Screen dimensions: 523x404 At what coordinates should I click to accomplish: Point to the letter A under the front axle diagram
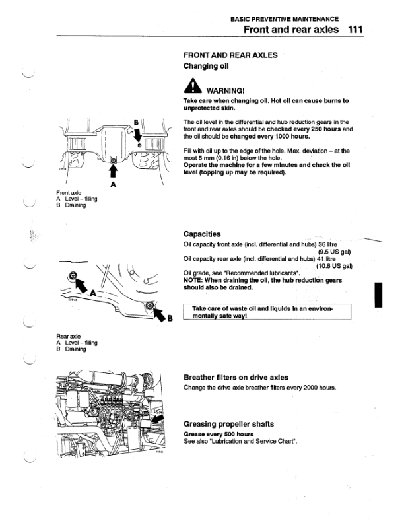113,184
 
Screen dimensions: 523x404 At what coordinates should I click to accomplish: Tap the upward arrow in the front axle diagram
113,171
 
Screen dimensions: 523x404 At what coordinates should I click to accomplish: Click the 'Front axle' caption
69,194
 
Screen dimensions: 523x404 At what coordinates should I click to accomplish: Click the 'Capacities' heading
202,234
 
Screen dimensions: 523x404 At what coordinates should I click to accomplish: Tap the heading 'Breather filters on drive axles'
236,378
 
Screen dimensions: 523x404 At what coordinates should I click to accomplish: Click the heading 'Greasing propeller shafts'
228,423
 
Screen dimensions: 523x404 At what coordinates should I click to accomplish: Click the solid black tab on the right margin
378,293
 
